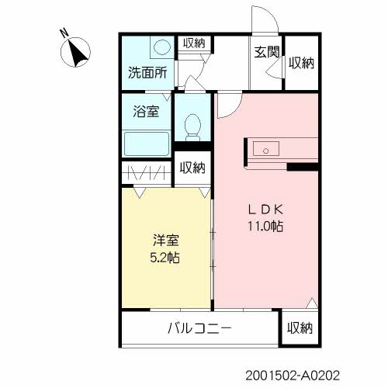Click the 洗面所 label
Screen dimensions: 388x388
click(x=147, y=74)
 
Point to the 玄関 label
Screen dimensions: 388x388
click(x=266, y=53)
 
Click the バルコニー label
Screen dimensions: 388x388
click(x=199, y=329)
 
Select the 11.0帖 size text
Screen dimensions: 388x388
click(x=265, y=227)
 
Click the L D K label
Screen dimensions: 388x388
click(x=265, y=210)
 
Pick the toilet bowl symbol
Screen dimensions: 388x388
click(x=192, y=126)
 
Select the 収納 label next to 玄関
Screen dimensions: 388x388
click(x=301, y=64)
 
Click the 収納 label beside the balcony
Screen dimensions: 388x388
click(x=299, y=328)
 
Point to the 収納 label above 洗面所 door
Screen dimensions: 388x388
click(x=193, y=43)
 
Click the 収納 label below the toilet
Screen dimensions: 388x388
click(x=192, y=167)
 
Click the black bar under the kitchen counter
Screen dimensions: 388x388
click(x=303, y=166)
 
